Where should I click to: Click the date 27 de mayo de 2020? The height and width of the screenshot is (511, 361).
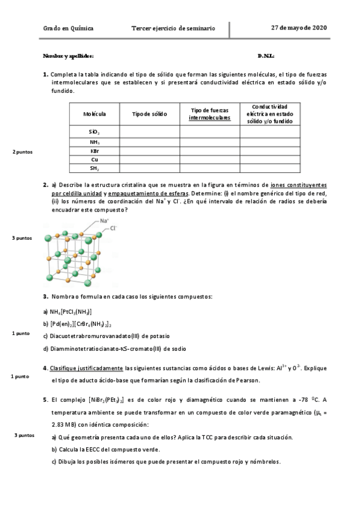tap(299, 28)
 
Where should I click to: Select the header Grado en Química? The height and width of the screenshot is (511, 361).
tap(68, 28)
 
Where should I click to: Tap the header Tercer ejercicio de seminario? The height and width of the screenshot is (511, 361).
tap(172, 28)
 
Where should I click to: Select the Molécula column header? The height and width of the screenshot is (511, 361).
tap(95, 113)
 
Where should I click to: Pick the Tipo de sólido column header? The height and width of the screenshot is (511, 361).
tap(149, 113)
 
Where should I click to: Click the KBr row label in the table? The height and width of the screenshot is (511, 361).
tap(95, 150)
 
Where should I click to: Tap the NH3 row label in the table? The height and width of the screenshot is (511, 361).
tap(95, 141)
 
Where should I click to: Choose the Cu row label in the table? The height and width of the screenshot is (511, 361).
tap(95, 159)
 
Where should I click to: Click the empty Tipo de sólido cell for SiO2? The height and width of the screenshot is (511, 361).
tap(149, 131)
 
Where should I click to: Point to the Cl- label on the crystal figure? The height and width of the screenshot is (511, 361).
tap(113, 229)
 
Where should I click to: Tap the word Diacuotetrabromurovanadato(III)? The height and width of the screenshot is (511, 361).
tap(96, 336)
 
